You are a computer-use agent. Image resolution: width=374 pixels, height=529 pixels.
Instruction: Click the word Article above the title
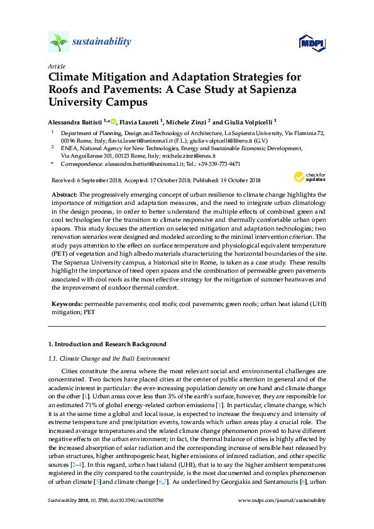coord(55,65)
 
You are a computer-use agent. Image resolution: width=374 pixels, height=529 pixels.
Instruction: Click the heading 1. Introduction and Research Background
coord(107,344)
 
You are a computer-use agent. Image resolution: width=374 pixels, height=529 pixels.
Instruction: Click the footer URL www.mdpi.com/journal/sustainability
coord(283,500)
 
